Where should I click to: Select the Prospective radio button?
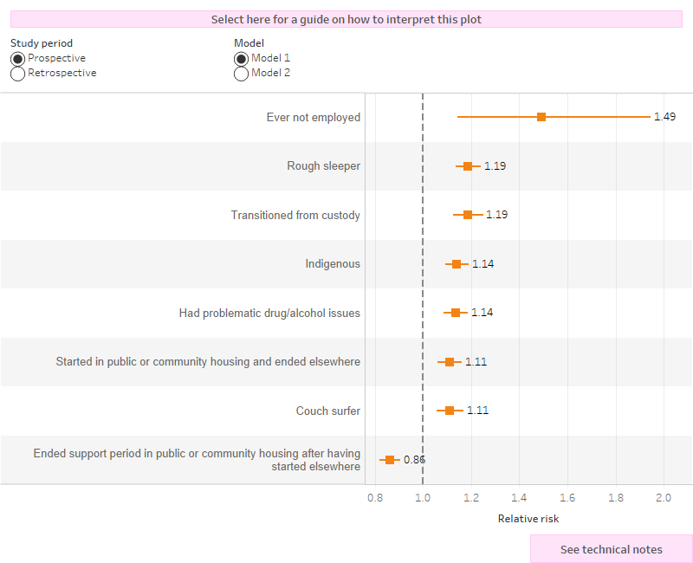[17, 58]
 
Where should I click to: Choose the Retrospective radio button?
[17, 74]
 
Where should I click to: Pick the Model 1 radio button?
[241, 58]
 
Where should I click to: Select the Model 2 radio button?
[241, 74]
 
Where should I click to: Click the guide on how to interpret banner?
[346, 19]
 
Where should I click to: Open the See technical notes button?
[611, 549]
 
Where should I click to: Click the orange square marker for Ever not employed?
[541, 117]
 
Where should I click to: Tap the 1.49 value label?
[664, 117]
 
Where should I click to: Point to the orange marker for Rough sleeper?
[468, 166]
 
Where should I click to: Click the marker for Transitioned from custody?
[468, 215]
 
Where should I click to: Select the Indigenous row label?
[333, 264]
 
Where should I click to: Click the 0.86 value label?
[414, 460]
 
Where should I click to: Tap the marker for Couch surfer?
[450, 411]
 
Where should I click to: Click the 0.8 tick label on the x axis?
[375, 498]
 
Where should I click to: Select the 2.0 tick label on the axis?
[664, 498]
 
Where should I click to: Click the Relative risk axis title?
[528, 519]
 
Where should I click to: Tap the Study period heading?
[42, 43]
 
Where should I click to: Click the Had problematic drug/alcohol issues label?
[269, 313]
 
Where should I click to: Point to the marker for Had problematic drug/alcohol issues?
[456, 313]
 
